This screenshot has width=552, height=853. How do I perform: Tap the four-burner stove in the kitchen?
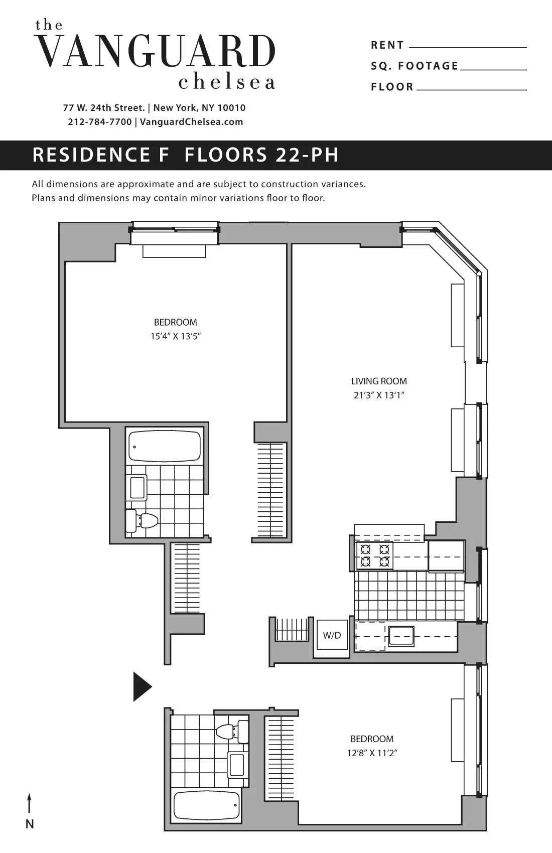(374, 555)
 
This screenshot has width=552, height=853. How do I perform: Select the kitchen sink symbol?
(401, 636)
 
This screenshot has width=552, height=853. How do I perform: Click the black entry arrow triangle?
(142, 686)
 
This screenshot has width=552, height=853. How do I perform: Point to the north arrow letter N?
(30, 824)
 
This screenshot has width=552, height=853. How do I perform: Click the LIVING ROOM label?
(379, 381)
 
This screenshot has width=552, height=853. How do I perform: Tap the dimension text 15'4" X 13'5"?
(176, 336)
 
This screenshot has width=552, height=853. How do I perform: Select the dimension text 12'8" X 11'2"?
(372, 753)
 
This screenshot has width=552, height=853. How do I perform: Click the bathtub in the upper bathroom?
(165, 446)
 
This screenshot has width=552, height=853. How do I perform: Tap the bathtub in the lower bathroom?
(206, 805)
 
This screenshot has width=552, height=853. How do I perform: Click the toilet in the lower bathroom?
(232, 731)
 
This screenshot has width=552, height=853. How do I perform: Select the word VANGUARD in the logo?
(157, 52)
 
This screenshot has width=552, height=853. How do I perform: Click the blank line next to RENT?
(468, 47)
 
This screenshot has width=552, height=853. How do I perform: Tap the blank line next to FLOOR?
(471, 89)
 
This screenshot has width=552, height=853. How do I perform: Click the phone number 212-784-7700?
(99, 122)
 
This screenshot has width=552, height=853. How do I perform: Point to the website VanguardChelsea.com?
(191, 122)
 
